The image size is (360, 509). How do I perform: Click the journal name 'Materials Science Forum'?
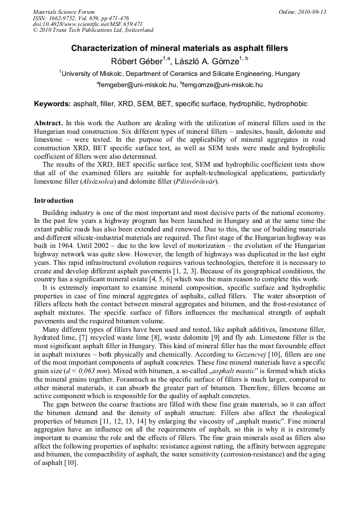[x=64, y=12]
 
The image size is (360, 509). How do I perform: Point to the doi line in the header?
[x=88, y=24]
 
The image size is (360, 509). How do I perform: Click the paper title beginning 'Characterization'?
[x=179, y=48]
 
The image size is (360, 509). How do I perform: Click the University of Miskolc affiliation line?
[x=179, y=74]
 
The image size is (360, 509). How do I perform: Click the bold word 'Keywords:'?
[x=53, y=103]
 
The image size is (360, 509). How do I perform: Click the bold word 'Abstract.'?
[x=49, y=123]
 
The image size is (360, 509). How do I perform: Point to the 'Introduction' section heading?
[x=54, y=201]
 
